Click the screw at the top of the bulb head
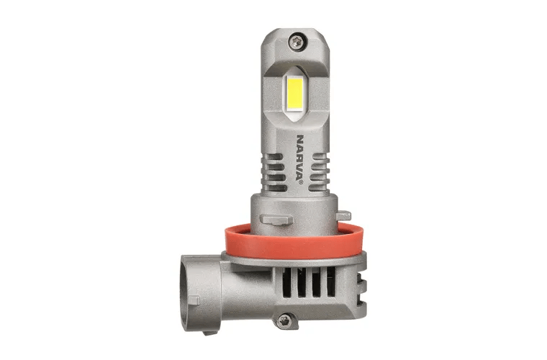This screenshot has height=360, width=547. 297,42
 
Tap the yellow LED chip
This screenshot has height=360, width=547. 295,92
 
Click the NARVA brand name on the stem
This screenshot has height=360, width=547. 299,157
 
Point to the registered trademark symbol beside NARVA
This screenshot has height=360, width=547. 301,181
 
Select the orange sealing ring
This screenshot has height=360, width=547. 295,242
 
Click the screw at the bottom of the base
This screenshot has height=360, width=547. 284,320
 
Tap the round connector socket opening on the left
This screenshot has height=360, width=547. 184,292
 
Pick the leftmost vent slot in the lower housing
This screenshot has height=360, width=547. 286,282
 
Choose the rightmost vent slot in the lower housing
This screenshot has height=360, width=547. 330,282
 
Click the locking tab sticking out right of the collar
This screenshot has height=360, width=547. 343,215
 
